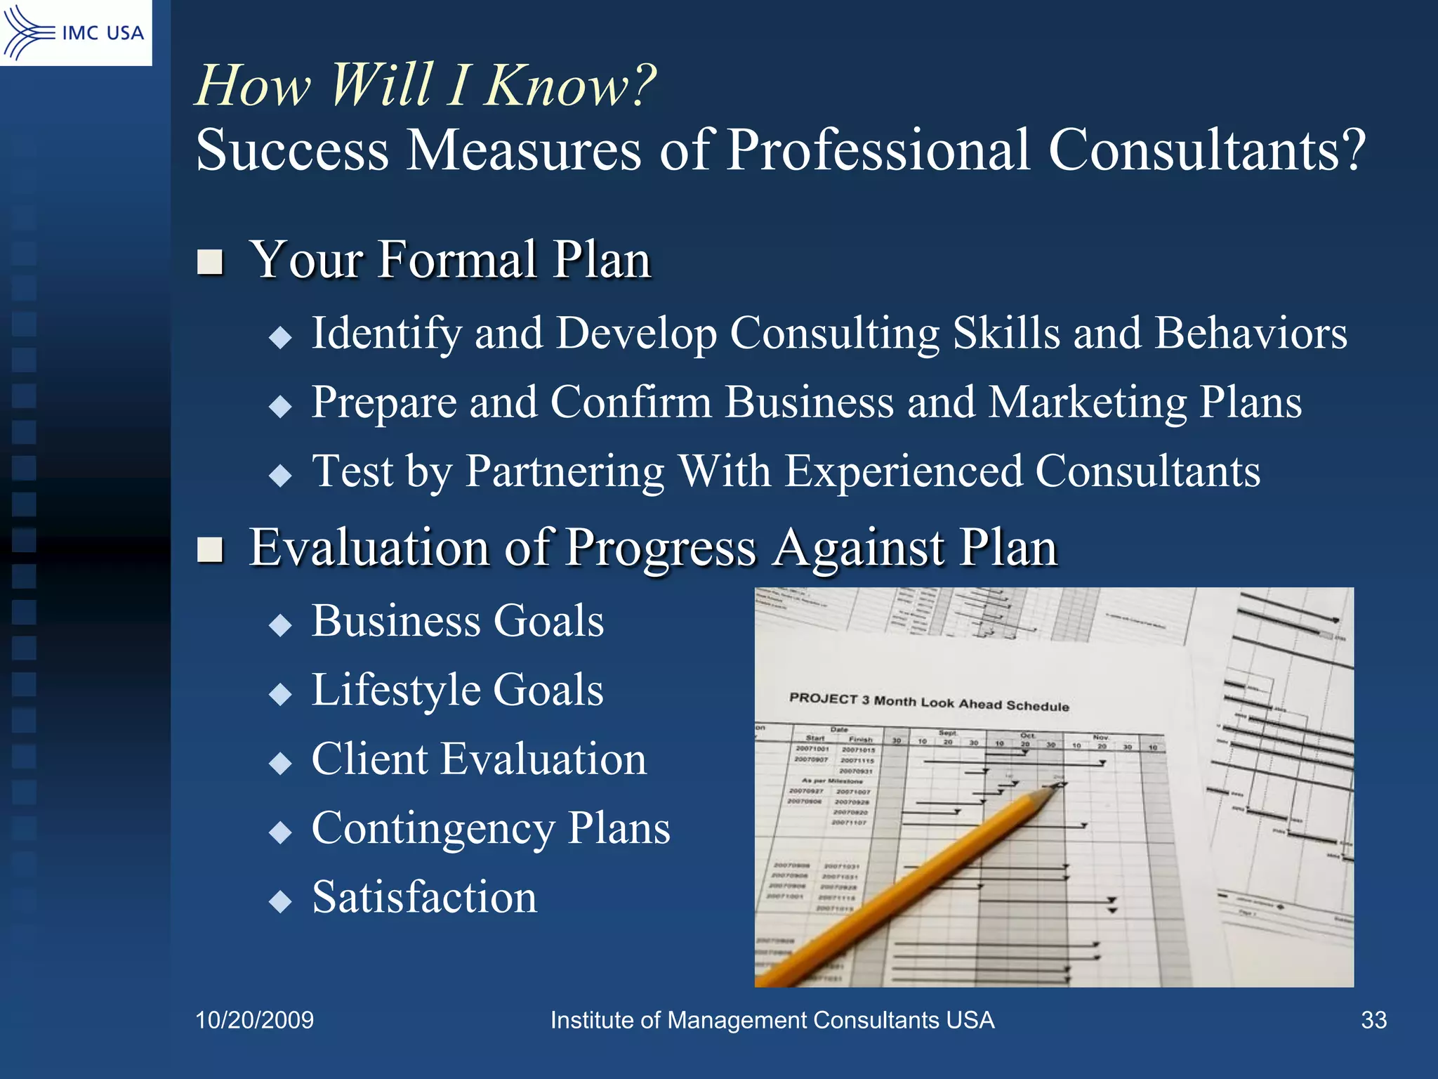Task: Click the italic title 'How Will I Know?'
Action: coord(425,86)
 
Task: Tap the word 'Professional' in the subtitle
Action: coord(878,150)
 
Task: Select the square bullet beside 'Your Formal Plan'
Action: coord(210,262)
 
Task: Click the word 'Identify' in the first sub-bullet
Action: coord(386,333)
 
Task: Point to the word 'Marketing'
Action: coord(1088,403)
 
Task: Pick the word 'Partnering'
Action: coord(565,471)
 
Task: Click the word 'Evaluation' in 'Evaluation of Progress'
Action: coord(369,547)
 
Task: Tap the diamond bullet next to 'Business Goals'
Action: coord(280,624)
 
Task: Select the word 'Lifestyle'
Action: coord(395,691)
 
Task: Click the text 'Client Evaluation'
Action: coord(479,759)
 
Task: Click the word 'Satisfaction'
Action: coord(424,898)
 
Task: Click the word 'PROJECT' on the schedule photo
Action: coord(823,698)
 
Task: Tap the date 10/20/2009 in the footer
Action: coord(254,1020)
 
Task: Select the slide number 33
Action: coord(1373,1020)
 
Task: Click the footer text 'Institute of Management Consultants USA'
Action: coord(772,1020)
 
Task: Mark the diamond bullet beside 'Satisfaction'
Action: coord(280,901)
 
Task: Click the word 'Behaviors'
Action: coord(1251,333)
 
